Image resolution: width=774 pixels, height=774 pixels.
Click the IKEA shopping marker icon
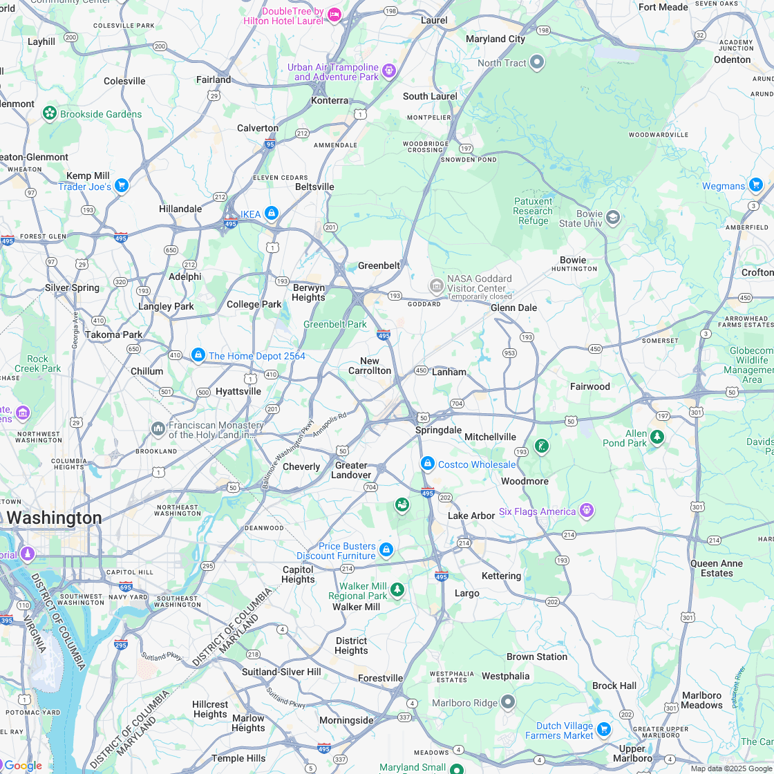click(x=272, y=214)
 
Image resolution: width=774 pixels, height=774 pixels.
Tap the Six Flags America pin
click(x=587, y=511)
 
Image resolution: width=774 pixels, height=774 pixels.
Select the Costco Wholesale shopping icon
click(x=427, y=464)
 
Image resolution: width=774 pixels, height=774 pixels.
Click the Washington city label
click(x=54, y=518)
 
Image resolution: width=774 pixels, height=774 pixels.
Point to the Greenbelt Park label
click(x=335, y=324)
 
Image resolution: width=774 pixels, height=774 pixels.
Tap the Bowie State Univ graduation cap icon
click(x=612, y=218)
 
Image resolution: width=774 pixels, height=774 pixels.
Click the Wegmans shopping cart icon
click(x=755, y=185)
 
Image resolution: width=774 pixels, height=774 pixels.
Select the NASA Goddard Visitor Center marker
click(x=436, y=285)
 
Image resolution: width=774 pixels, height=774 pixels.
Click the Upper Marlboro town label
click(x=632, y=753)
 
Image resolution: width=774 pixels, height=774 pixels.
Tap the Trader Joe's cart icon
click(x=122, y=185)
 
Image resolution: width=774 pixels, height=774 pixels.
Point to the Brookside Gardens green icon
click(x=50, y=113)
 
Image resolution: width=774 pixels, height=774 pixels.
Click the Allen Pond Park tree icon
click(x=657, y=437)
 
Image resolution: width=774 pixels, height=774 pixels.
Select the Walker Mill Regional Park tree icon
click(x=397, y=589)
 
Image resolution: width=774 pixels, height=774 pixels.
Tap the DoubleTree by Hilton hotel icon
click(x=334, y=15)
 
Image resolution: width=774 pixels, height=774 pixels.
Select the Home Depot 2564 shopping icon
click(x=198, y=355)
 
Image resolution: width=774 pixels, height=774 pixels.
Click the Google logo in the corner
click(x=22, y=765)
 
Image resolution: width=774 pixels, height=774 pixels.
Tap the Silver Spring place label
click(x=72, y=287)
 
